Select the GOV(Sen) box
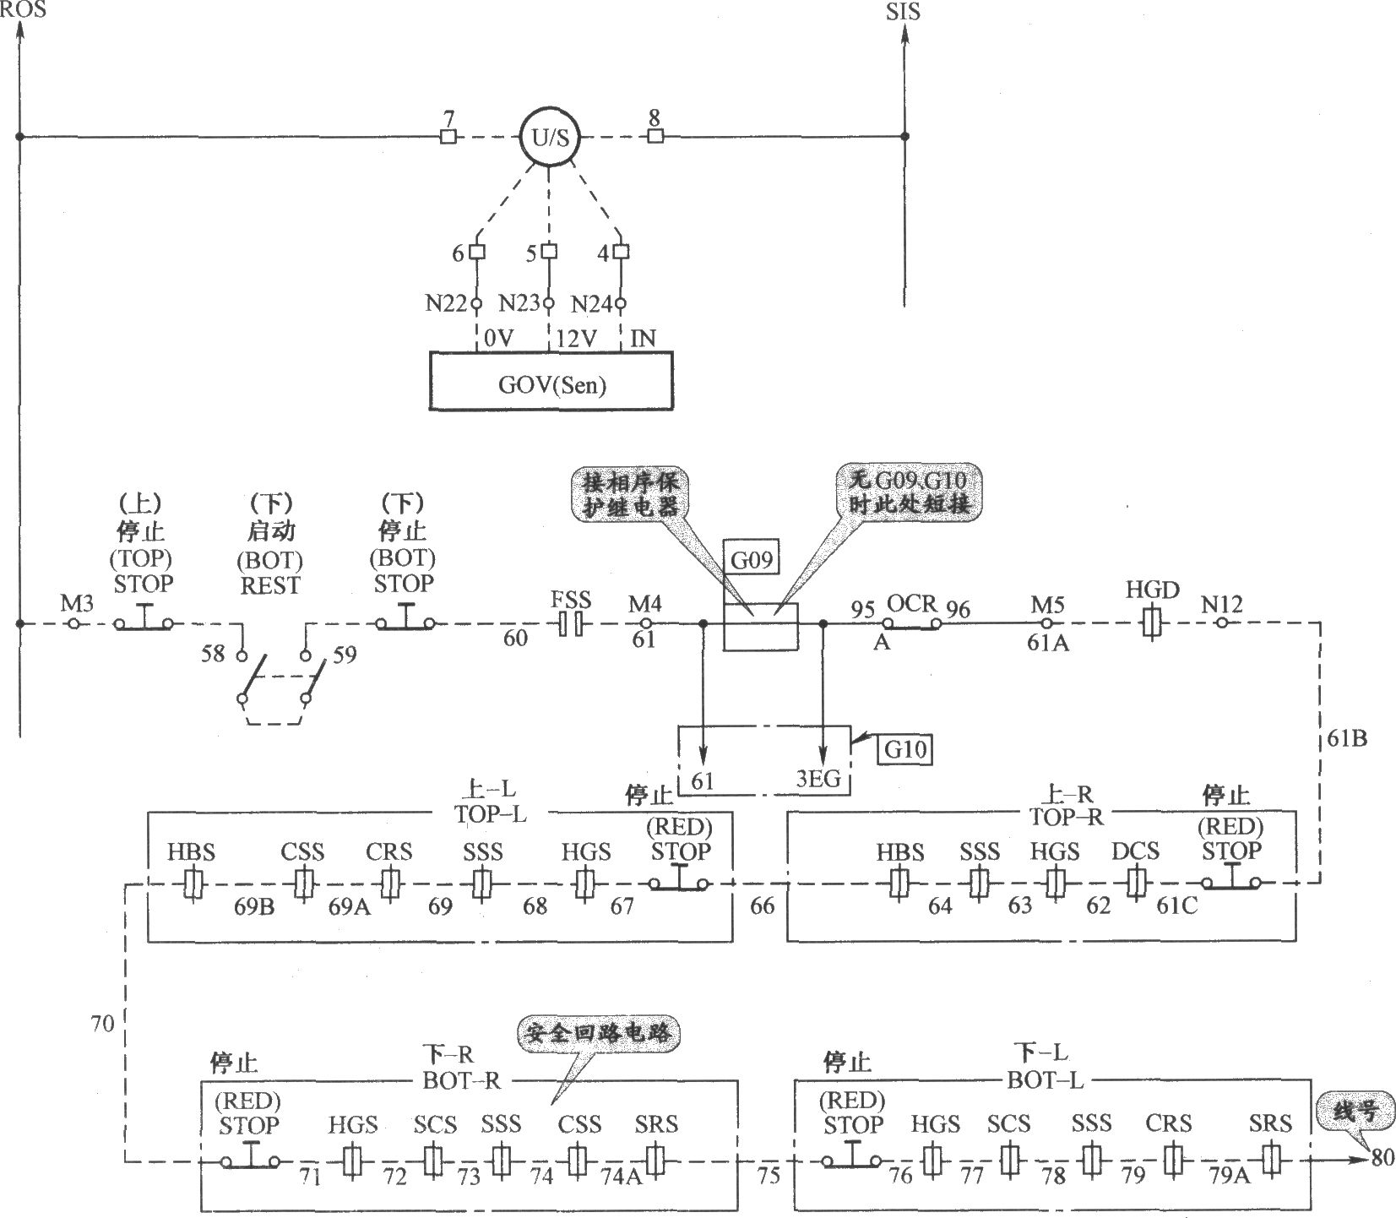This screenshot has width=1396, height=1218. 551,381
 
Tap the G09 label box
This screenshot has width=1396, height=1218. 752,560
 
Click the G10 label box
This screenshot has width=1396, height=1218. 905,749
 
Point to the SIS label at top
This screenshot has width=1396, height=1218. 903,12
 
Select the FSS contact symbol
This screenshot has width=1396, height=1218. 572,625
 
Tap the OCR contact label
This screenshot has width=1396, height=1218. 912,604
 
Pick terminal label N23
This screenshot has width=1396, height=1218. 519,303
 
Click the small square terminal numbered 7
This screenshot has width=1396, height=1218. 448,137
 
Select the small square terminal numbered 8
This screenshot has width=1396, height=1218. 655,136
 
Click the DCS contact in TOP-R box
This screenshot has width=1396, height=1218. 1134,884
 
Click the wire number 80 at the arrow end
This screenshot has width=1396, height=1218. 1382,1157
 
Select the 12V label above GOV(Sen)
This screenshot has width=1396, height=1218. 576,339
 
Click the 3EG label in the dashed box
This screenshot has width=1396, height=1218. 819,779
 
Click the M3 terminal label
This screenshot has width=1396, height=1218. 77,604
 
